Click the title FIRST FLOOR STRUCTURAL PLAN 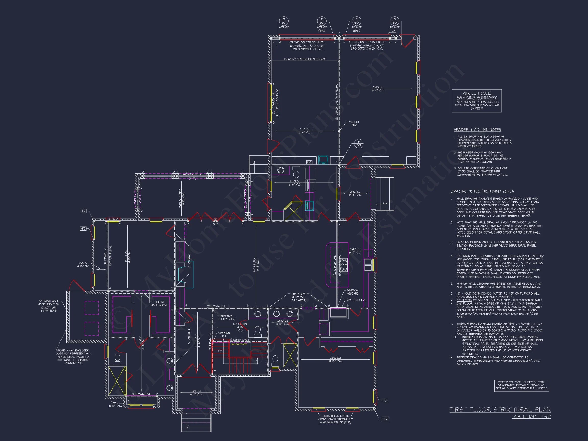[500, 410]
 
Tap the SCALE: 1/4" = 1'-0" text [531, 416]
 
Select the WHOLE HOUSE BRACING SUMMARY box [477, 101]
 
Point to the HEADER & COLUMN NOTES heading [477, 130]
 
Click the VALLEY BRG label [354, 123]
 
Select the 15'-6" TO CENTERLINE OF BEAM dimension [304, 59]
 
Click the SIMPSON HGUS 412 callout [352, 292]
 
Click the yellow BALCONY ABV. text [239, 344]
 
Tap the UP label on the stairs [220, 351]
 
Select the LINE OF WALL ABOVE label [159, 303]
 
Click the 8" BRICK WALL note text [49, 306]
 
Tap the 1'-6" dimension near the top [392, 31]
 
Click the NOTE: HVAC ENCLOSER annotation [73, 357]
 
